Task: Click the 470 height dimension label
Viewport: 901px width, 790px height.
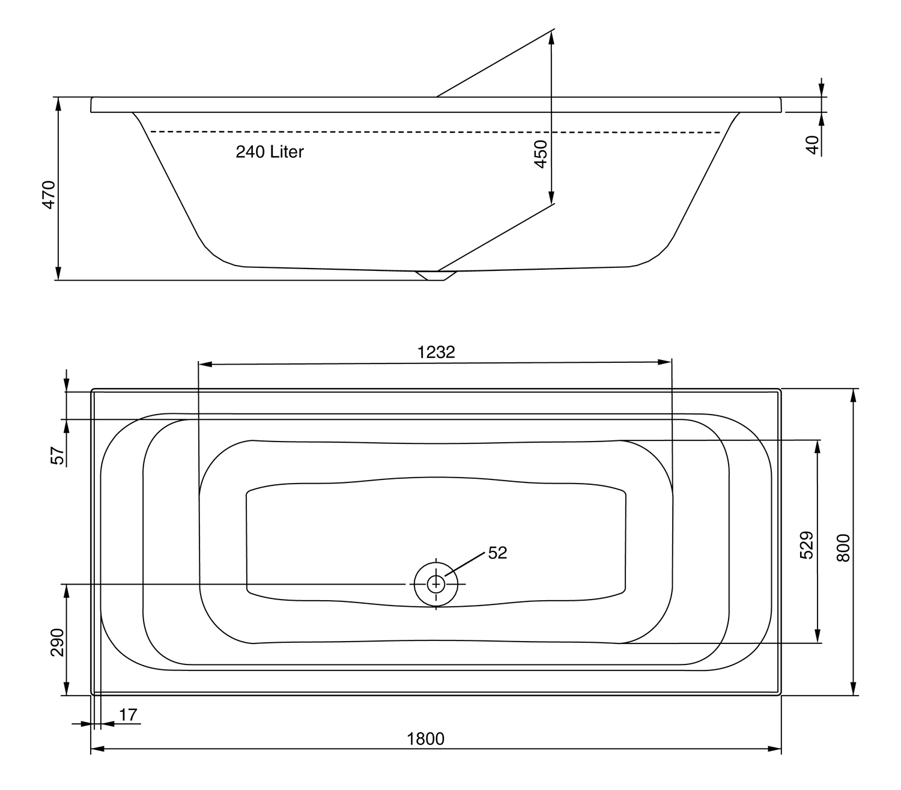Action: tap(49, 195)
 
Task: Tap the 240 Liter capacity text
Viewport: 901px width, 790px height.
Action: tap(270, 152)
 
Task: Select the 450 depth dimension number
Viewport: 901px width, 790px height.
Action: tap(541, 154)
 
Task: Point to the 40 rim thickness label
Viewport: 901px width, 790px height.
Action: tap(812, 145)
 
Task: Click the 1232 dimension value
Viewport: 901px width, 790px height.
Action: tap(436, 352)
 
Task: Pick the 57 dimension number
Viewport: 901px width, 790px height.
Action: tap(58, 456)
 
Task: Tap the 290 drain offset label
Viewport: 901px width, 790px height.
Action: tap(58, 642)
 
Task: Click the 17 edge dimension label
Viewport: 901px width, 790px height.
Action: tap(128, 715)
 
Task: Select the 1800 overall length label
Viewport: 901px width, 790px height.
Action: tap(426, 740)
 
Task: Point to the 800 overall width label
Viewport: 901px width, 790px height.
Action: tap(843, 547)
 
